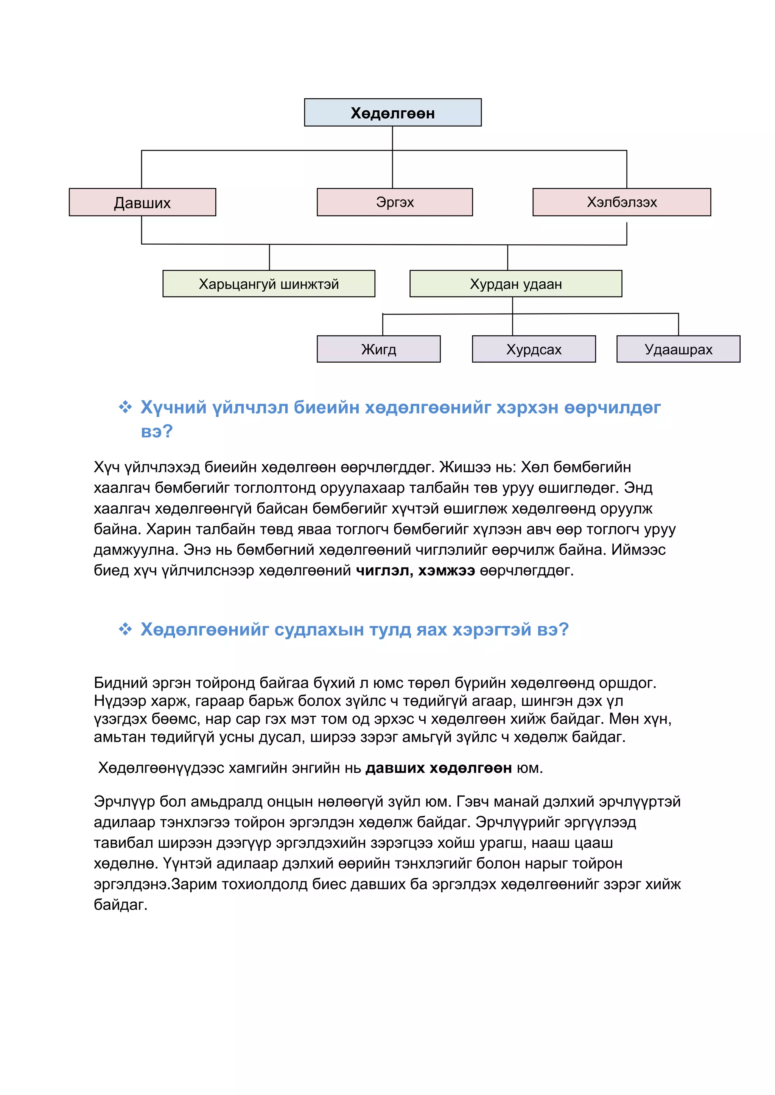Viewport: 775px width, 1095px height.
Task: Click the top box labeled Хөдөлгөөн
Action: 392,113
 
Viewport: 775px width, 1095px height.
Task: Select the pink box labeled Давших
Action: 142,202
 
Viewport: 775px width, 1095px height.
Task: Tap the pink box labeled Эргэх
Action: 395,202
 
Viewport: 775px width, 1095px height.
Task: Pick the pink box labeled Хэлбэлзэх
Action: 621,202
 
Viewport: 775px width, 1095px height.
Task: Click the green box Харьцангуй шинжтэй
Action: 269,284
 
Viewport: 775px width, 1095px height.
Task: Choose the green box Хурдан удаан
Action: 515,284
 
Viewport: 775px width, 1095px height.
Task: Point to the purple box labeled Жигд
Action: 378,349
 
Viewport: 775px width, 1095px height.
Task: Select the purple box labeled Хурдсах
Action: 534,349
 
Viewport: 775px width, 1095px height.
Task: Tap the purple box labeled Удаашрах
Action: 678,349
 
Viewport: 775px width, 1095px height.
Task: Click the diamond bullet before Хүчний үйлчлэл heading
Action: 125,407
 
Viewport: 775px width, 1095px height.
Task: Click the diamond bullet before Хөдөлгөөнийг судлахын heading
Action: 125,629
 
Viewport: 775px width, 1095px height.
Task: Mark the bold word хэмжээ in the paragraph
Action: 446,571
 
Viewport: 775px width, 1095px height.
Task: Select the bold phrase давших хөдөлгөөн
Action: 438,768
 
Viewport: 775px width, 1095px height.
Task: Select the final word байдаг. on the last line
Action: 121,905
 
